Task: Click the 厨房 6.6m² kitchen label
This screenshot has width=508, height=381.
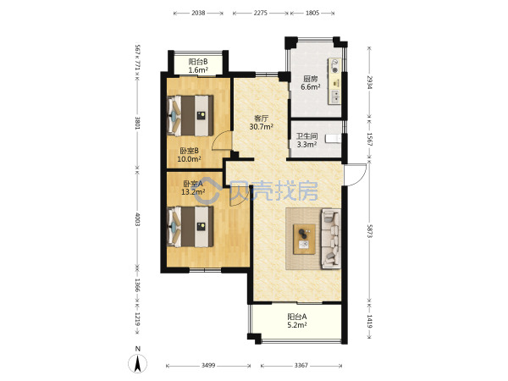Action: (x=311, y=83)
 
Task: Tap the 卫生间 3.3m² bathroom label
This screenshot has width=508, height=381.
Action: (x=306, y=141)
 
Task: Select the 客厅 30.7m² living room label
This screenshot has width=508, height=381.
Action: (x=261, y=123)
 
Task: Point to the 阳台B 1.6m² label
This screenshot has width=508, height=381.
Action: (x=198, y=66)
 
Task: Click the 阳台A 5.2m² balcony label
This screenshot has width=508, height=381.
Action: (x=297, y=320)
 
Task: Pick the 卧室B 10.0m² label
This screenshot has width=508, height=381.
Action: (x=189, y=155)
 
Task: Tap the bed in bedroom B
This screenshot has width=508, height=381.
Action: (x=190, y=116)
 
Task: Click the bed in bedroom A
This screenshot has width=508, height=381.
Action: (x=190, y=226)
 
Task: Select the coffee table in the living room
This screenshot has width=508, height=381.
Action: (x=304, y=239)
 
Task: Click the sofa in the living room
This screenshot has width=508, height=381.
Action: (x=331, y=239)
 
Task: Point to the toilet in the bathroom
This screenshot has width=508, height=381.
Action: (x=334, y=138)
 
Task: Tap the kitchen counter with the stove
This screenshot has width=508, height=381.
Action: (x=334, y=81)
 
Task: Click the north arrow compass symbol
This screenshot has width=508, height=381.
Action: (x=138, y=361)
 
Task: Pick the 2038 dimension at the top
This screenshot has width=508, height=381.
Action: (x=198, y=13)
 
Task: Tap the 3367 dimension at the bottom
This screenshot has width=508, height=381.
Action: (x=301, y=366)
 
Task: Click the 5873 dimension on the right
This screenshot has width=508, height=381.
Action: (x=369, y=231)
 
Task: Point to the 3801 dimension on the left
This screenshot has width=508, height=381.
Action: (x=137, y=124)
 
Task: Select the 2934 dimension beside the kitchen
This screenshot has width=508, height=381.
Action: (x=369, y=83)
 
